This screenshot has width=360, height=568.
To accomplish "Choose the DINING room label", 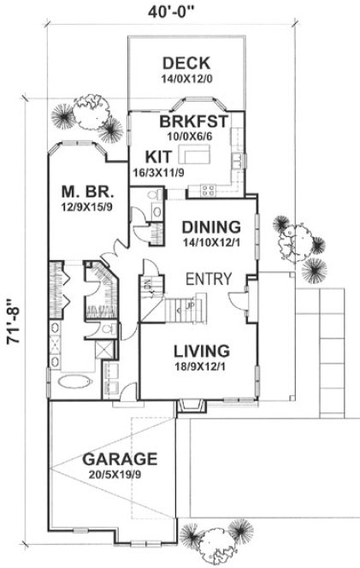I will point(211,228).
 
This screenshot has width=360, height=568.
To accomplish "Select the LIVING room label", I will point(200,350).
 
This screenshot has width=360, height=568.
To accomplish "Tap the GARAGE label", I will point(120,458).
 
